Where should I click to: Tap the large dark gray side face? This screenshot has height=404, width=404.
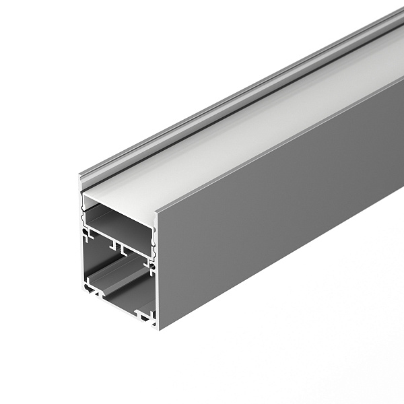pyautogui.click(x=283, y=222)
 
